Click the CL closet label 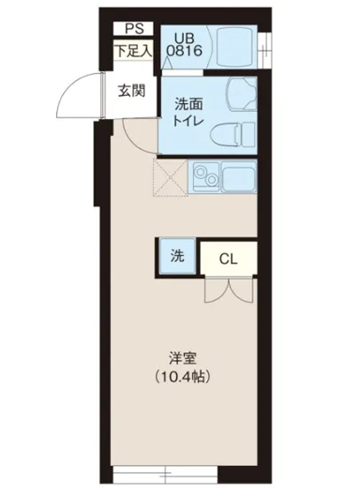pyautogui.click(x=228, y=259)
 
